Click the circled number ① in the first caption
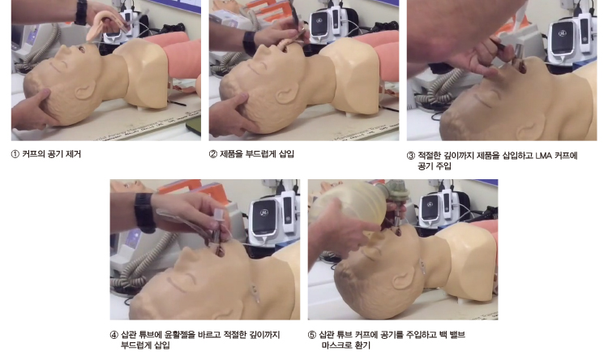coord(15,154)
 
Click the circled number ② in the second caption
coord(213,154)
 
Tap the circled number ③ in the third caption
coord(411,156)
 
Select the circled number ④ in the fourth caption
coord(114,335)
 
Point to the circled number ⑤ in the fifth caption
coord(312,335)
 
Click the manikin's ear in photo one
coord(85,91)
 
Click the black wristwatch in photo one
coord(81,12)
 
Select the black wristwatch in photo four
coord(144,213)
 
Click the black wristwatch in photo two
coord(249,43)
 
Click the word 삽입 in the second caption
coord(286,154)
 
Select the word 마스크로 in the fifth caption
coord(334,345)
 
